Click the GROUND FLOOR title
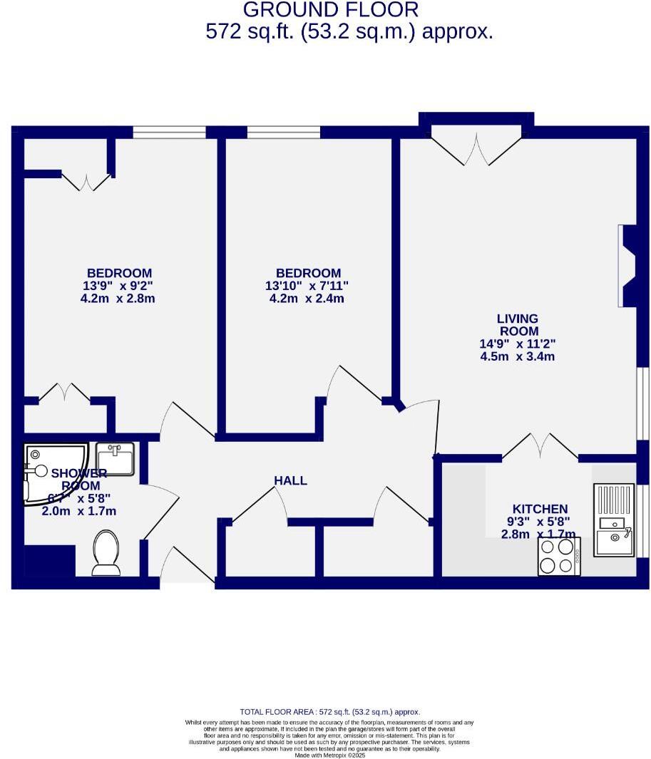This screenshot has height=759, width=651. click(x=330, y=10)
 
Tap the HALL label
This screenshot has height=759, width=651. click(x=290, y=480)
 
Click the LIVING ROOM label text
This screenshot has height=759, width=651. click(x=518, y=325)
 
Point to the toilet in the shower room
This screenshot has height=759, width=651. click(x=106, y=551)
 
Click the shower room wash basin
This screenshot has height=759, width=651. click(x=115, y=458)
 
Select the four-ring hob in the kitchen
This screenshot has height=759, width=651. click(x=558, y=556)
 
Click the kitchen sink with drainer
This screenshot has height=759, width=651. click(x=613, y=520)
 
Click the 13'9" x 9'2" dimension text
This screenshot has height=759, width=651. click(x=118, y=286)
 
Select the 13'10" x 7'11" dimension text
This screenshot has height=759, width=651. click(x=309, y=286)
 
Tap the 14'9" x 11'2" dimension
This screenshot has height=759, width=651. click(x=518, y=344)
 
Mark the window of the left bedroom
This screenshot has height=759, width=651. click(x=169, y=132)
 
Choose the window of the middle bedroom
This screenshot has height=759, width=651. click(x=283, y=132)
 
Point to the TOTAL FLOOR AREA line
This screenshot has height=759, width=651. click(x=329, y=712)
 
